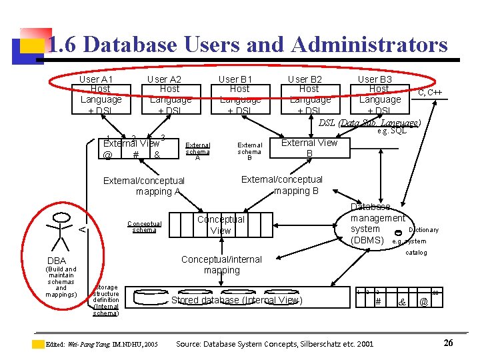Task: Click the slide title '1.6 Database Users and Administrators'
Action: [247, 45]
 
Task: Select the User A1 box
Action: [101, 95]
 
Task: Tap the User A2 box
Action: [170, 95]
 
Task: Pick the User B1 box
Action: [239, 95]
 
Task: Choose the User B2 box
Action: [309, 95]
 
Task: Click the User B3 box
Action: [379, 95]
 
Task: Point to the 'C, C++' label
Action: [430, 92]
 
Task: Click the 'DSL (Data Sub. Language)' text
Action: [369, 123]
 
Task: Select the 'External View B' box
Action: [309, 148]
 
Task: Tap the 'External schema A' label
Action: [197, 151]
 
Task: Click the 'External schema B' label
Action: [250, 151]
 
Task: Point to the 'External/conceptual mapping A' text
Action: [144, 186]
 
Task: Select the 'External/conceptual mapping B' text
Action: [282, 185]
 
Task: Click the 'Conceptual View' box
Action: [221, 225]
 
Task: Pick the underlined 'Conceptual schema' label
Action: [144, 227]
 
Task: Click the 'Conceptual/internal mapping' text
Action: [222, 265]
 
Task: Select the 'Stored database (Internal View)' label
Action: [237, 300]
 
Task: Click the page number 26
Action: [448, 343]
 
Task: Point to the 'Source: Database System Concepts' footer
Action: [274, 344]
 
